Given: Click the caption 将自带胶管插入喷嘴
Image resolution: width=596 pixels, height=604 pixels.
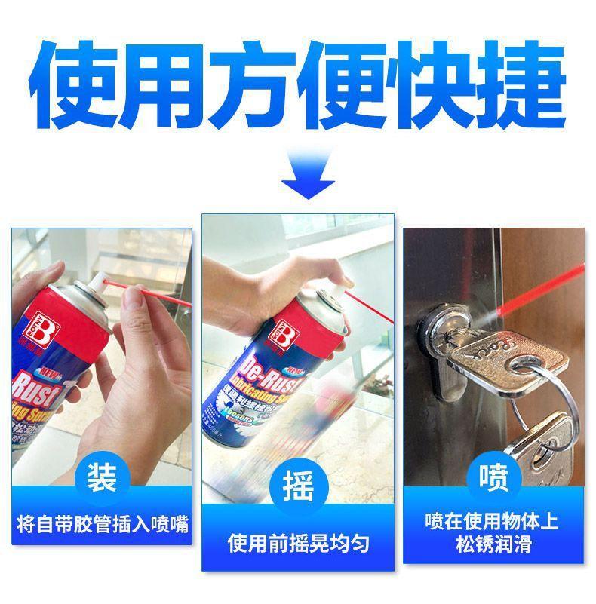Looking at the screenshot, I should coord(103,523).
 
